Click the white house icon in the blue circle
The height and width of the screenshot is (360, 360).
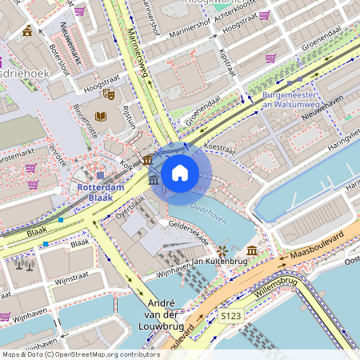click(x=180, y=172)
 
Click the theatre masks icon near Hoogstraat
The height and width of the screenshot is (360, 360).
click(x=109, y=94)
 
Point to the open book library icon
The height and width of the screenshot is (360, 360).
click(x=101, y=117)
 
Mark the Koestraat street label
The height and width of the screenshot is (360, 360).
click(x=219, y=147)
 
